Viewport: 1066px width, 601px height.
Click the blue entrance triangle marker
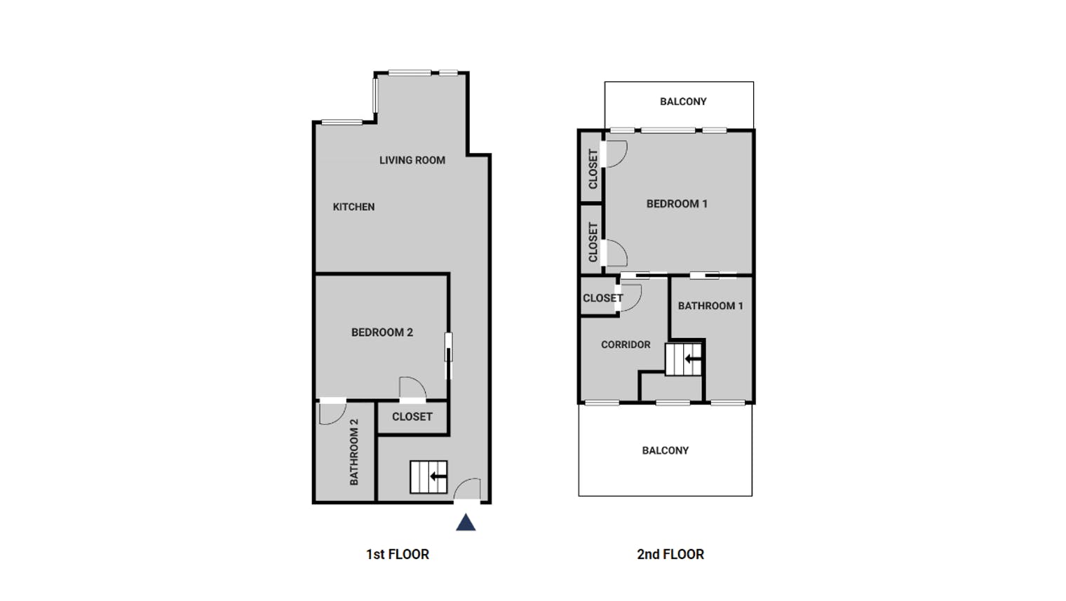466,522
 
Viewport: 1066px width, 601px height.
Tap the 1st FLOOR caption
398,555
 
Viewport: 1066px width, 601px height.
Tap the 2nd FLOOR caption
670,555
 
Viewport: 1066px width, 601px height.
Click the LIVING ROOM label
412,161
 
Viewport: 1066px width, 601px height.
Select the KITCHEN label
353,207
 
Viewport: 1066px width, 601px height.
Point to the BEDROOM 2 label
382,332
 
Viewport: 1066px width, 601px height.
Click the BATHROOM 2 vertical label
354,452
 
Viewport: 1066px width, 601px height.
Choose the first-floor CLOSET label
412,417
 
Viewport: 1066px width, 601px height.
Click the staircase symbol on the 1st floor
429,477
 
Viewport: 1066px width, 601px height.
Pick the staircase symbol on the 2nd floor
684,359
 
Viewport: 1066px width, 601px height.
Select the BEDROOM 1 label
677,204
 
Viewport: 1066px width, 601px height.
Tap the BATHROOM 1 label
710,306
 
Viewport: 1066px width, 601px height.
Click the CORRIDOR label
626,345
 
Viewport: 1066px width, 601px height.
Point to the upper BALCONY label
683,102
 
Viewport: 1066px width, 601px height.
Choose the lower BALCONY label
666,451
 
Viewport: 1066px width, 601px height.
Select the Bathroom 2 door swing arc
339,418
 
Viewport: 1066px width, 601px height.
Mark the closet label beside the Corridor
603,298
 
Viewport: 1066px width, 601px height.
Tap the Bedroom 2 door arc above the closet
419,382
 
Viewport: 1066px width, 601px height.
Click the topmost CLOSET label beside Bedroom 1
593,169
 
